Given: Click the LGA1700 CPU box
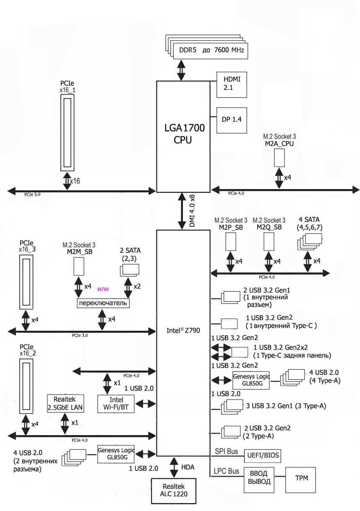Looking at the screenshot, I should click(x=183, y=134).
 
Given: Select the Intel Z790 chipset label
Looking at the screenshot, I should click(x=183, y=330).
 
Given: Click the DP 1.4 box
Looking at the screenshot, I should click(x=231, y=119).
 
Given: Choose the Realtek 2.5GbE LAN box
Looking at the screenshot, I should click(x=65, y=404).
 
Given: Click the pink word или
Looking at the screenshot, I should click(x=103, y=289).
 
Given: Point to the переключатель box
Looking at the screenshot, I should click(x=102, y=303).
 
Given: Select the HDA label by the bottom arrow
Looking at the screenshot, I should click(x=188, y=467).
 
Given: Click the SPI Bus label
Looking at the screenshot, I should click(x=226, y=451).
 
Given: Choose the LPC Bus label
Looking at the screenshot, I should click(x=227, y=471).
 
